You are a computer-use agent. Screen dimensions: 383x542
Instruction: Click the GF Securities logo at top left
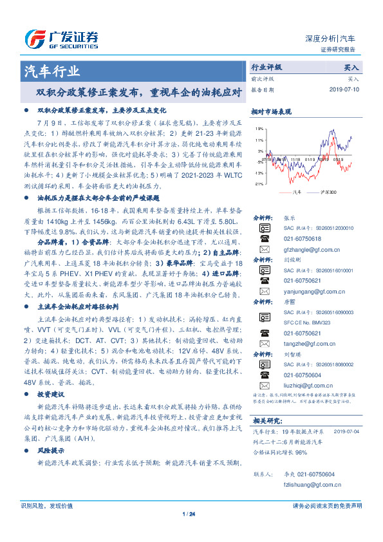[61, 37]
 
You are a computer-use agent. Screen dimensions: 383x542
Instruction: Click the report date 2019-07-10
[346, 89]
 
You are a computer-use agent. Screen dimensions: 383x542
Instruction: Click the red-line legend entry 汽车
[292, 192]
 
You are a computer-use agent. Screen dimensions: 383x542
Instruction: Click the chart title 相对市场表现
[266, 111]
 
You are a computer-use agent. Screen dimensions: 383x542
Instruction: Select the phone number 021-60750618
[303, 238]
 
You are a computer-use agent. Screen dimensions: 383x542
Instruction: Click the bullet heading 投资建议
[51, 393]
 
